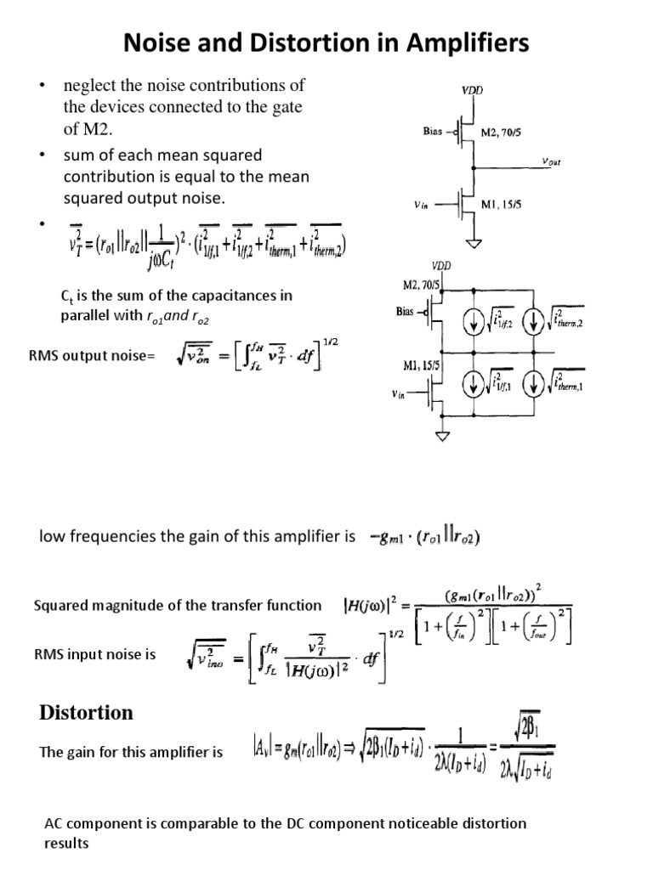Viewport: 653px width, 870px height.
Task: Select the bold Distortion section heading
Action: pyautogui.click(x=86, y=712)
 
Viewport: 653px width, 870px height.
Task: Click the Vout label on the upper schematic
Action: pyautogui.click(x=556, y=162)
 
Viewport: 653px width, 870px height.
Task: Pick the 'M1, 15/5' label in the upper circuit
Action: pyautogui.click(x=505, y=205)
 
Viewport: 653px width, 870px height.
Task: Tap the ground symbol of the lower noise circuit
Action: pyautogui.click(x=441, y=436)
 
